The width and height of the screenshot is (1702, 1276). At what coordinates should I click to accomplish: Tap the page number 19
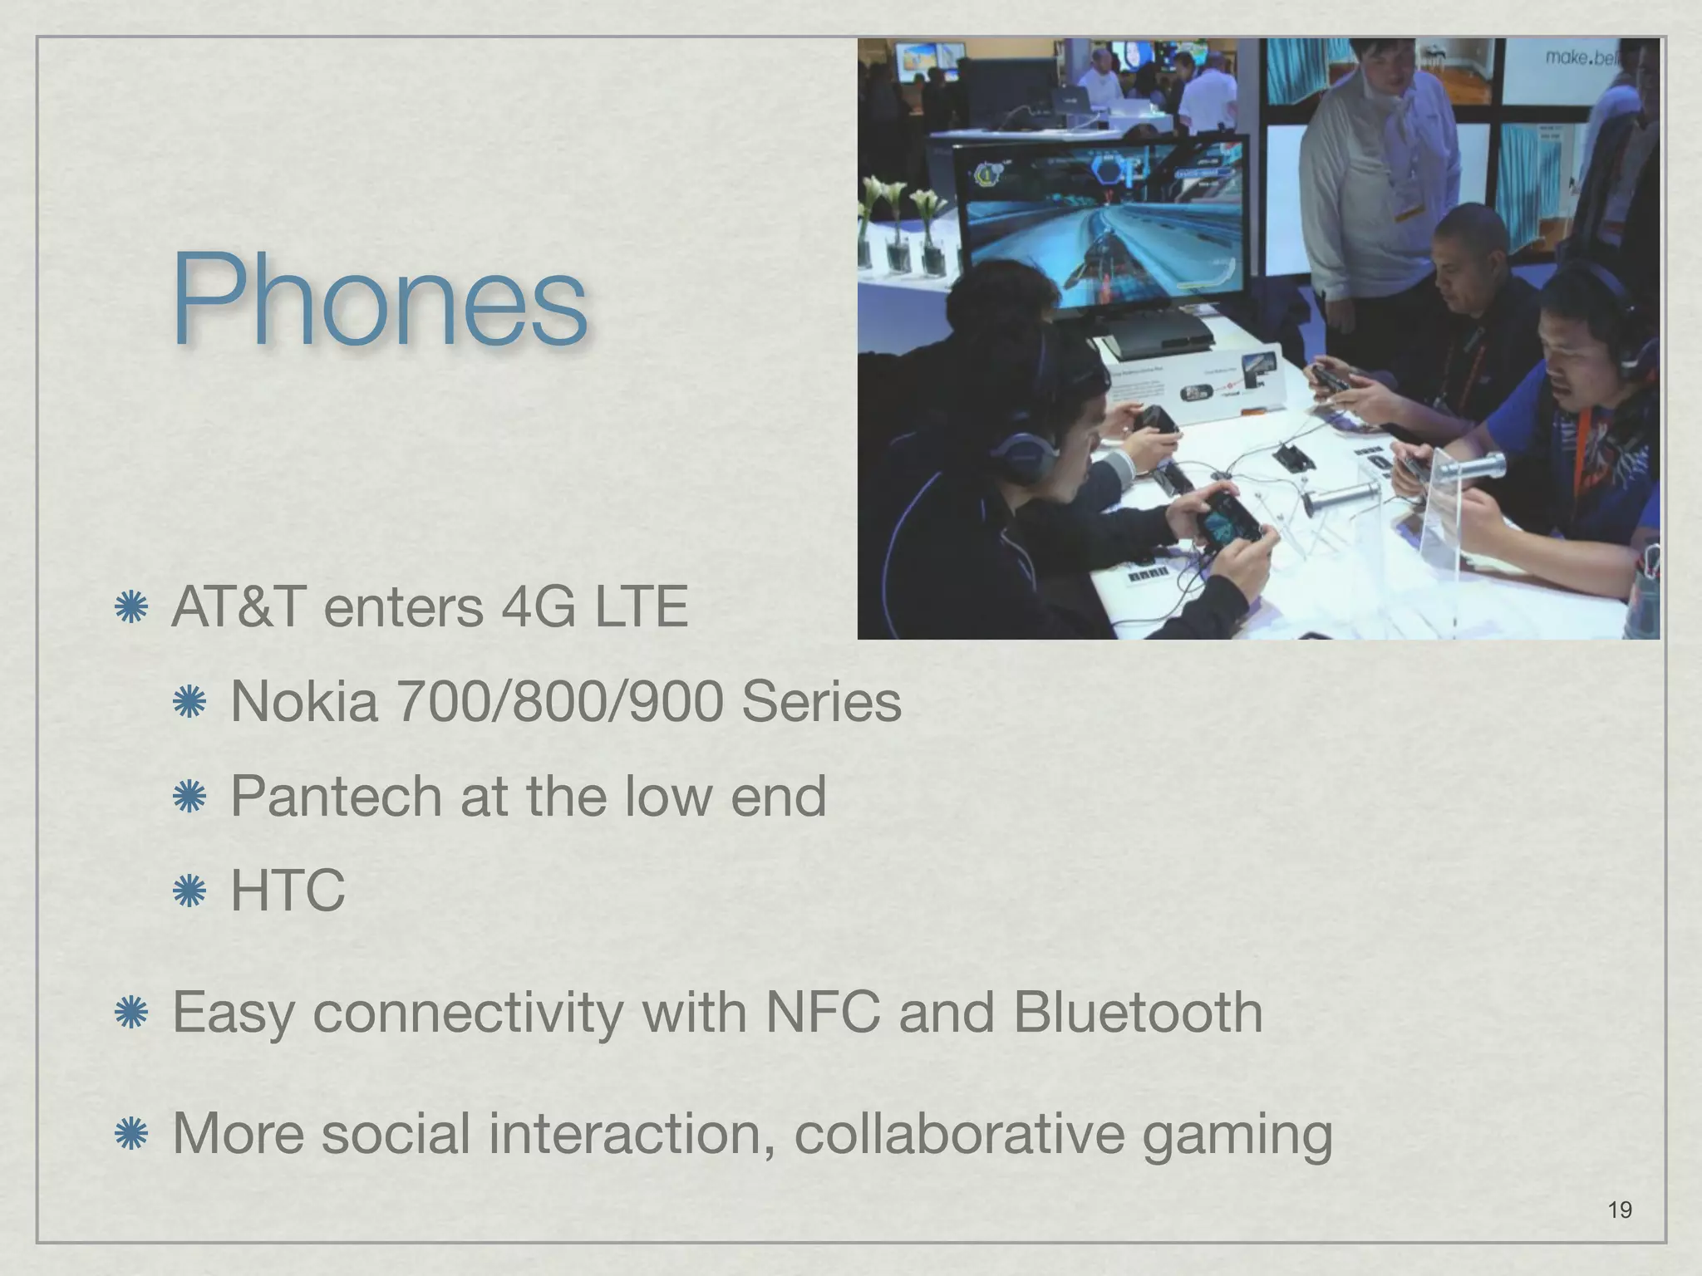coord(1620,1210)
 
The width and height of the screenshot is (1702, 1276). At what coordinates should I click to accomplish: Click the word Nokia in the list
coord(303,702)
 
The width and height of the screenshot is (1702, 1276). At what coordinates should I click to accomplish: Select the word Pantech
coord(336,797)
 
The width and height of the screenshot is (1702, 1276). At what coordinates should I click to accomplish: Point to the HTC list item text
coord(288,891)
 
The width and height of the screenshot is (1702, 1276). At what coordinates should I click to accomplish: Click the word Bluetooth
coord(1138,1013)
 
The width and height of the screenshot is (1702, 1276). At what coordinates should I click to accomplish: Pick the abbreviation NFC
coord(823,1013)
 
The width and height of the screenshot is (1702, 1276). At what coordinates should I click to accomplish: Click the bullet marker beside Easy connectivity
coord(131,1013)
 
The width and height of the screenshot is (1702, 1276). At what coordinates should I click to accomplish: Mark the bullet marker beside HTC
coord(189,891)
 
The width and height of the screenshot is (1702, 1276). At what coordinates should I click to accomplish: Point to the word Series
coord(821,702)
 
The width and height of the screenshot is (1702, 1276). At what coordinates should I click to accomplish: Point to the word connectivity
coord(468,1013)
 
